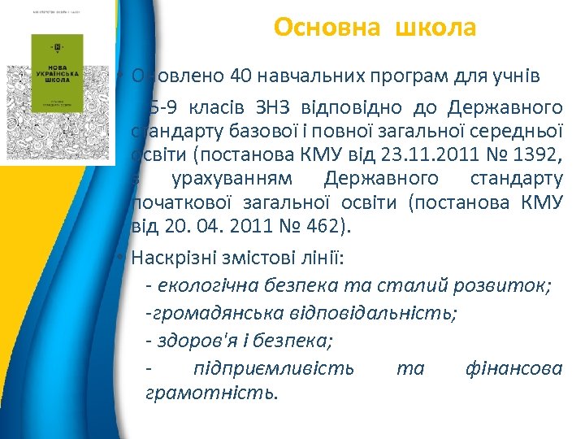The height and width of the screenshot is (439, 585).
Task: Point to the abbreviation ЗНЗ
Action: [x=278, y=107]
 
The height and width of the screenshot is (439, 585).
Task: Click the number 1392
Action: [x=538, y=154]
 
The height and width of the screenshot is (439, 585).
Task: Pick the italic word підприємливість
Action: [x=274, y=368]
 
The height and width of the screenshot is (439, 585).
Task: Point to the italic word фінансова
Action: [x=513, y=368]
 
